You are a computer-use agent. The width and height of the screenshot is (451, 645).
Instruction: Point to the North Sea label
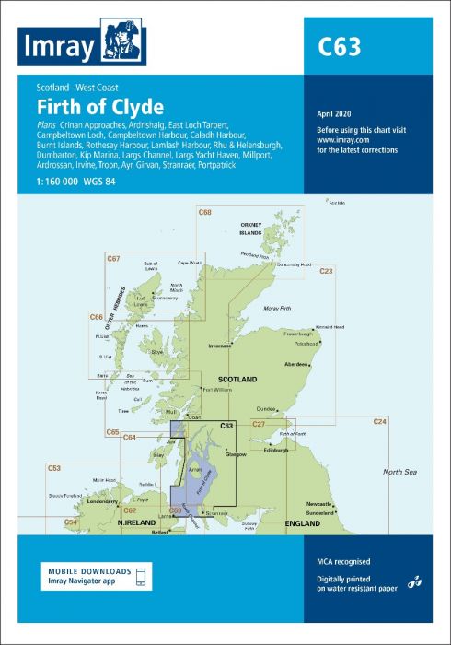(x=399, y=472)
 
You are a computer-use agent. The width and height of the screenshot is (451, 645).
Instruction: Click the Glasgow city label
(x=236, y=454)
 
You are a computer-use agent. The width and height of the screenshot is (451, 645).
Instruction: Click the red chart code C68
(x=204, y=213)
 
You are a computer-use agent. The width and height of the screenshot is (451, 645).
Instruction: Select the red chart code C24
(x=379, y=421)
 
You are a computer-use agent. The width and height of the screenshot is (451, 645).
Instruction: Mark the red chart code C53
(x=54, y=469)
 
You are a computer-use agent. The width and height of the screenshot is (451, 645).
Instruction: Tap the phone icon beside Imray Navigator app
(x=141, y=576)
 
